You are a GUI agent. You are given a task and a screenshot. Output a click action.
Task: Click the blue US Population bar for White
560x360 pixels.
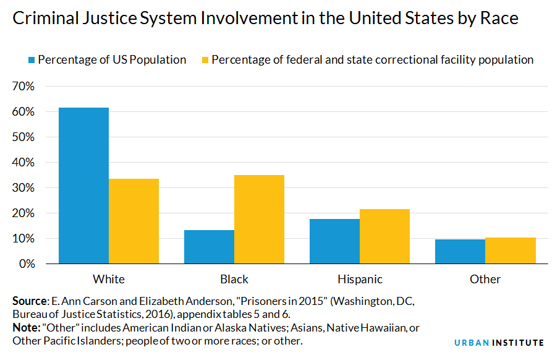pyautogui.click(x=83, y=186)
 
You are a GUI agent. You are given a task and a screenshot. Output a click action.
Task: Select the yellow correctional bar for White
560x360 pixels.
pyautogui.click(x=134, y=221)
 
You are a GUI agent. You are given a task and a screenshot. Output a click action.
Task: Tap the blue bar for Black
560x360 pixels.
pyautogui.click(x=209, y=247)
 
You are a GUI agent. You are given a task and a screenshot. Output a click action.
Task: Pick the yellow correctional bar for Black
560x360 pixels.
pyautogui.click(x=259, y=220)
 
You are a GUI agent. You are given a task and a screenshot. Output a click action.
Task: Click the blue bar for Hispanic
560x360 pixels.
pyautogui.click(x=334, y=241)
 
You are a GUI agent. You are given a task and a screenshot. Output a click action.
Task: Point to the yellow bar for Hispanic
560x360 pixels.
pyautogui.click(x=384, y=236)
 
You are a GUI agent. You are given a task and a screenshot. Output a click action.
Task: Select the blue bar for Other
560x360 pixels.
pyautogui.click(x=460, y=252)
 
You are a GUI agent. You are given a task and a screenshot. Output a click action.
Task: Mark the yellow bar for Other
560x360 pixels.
pyautogui.click(x=510, y=251)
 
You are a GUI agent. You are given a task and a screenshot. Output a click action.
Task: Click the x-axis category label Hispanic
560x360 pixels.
pyautogui.click(x=359, y=279)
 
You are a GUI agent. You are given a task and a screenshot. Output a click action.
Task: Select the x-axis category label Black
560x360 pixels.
pyautogui.click(x=234, y=279)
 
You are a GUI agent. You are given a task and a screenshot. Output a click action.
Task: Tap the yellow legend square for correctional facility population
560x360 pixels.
pyautogui.click(x=204, y=60)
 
